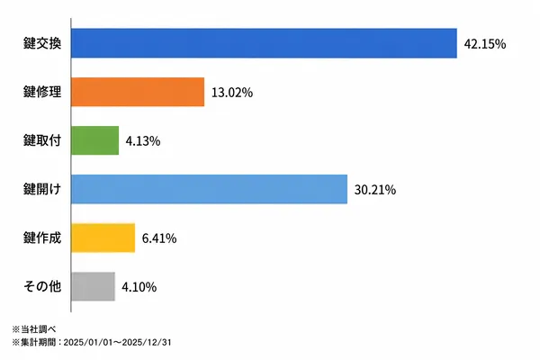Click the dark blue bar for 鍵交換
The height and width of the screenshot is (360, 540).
pos(264,43)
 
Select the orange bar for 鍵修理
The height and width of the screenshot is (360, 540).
pos(138,92)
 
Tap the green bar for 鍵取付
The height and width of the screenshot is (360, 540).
pos(95,140)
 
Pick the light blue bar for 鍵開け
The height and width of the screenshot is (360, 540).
pos(210,189)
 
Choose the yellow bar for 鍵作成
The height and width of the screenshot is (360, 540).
pos(103,238)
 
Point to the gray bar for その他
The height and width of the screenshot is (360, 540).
pos(93,286)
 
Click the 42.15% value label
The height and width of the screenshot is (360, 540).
pos(485,44)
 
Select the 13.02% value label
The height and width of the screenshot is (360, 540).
pos(232,93)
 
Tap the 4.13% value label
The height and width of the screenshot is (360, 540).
pos(143,141)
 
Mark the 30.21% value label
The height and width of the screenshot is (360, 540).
pos(375,190)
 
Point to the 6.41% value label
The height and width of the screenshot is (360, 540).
pos(159,238)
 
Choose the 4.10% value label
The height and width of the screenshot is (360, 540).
pos(139,287)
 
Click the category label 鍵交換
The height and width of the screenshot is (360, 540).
pos(42,43)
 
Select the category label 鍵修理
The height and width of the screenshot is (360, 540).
pos(42,92)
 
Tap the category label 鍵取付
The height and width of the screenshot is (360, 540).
pos(42,140)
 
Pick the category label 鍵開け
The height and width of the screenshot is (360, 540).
pos(42,189)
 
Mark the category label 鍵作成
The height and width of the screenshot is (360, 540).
pos(42,238)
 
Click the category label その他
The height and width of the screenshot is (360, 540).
pos(42,286)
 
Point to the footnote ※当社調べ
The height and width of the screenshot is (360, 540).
pos(34,329)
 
